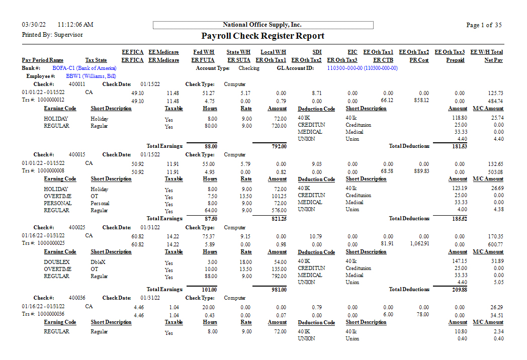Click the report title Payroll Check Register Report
(x=262, y=36)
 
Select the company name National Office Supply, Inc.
(x=262, y=25)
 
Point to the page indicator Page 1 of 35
(x=484, y=25)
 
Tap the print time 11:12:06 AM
(x=75, y=25)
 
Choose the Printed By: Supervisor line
(x=52, y=35)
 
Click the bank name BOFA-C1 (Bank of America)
(x=84, y=68)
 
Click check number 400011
(x=77, y=84)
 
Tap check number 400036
(x=77, y=298)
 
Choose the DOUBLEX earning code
(x=57, y=262)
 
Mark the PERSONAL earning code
(x=58, y=203)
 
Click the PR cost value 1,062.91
(x=418, y=244)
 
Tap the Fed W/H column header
(x=204, y=52)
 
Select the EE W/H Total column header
(x=486, y=52)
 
